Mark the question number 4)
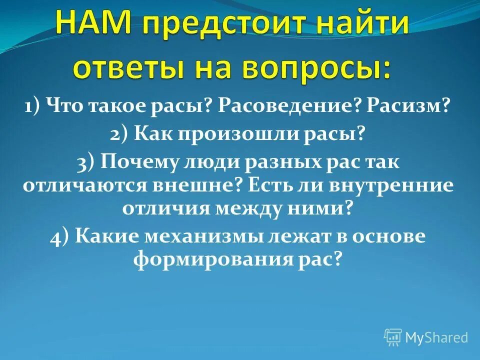tap(60, 236)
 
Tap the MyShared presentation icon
tap(393, 337)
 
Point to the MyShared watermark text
tap(436, 337)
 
